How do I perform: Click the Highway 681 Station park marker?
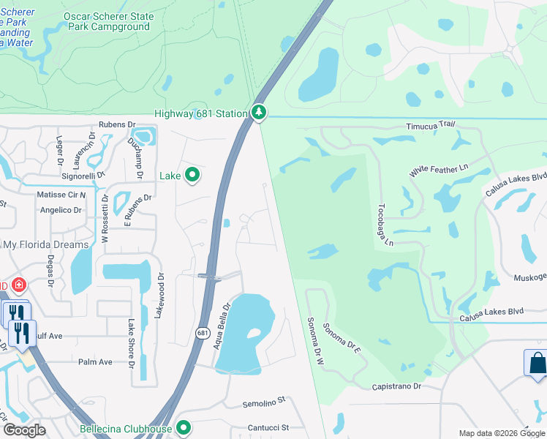(x=258, y=113)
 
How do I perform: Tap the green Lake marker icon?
(x=192, y=175)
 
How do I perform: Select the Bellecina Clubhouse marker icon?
(x=184, y=428)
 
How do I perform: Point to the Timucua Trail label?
(x=431, y=127)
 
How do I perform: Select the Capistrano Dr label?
(x=397, y=386)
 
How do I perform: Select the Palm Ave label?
(x=95, y=361)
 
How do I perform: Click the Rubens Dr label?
(x=117, y=124)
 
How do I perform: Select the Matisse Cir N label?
(x=61, y=195)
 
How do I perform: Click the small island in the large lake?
(x=254, y=334)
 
